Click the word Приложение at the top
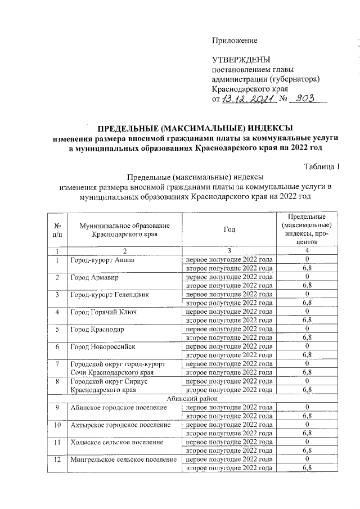pyautogui.click(x=234, y=40)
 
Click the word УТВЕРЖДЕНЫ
pyautogui.click(x=241, y=60)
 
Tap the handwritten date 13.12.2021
pyautogui.click(x=248, y=99)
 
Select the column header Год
pyautogui.click(x=229, y=229)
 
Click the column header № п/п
pyautogui.click(x=56, y=229)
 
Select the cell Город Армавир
pyautogui.click(x=94, y=277)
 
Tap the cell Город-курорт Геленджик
pyautogui.click(x=111, y=294)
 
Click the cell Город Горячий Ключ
pyautogui.click(x=104, y=312)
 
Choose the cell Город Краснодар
pyautogui.click(x=97, y=329)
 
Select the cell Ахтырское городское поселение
pyautogui.click(x=120, y=425)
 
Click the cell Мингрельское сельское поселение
pyautogui.click(x=124, y=460)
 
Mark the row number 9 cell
pyautogui.click(x=57, y=407)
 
